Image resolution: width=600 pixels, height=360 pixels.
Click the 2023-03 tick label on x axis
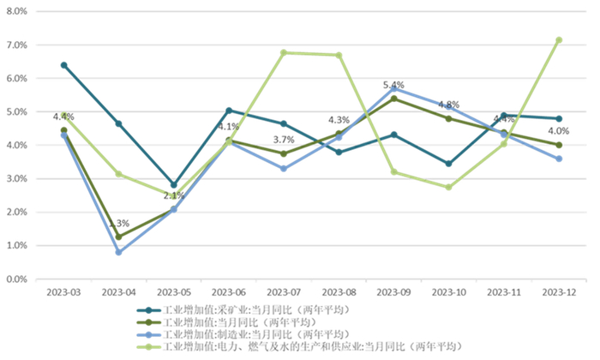(x=64, y=293)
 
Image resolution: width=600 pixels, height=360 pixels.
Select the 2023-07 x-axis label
(x=284, y=293)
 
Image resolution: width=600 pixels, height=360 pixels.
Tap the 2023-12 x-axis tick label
(x=559, y=293)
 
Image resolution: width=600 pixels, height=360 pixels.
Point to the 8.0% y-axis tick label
(x=18, y=11)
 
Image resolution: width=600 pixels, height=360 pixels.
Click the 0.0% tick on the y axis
(x=18, y=279)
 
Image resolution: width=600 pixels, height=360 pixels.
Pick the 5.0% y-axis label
(x=18, y=111)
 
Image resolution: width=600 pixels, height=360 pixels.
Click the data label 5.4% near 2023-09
(x=393, y=85)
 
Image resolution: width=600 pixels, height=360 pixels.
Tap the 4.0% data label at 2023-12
(x=559, y=131)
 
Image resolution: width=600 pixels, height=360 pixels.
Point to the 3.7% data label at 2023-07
(x=284, y=140)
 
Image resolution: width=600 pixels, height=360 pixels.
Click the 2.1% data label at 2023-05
(x=174, y=196)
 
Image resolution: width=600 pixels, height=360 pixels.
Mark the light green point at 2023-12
(x=559, y=39)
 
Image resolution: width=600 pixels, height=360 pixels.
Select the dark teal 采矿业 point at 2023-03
(x=64, y=65)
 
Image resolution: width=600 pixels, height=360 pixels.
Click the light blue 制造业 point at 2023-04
(x=119, y=252)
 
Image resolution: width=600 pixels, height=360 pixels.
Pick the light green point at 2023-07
(x=284, y=52)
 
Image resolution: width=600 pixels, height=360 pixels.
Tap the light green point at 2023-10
(x=448, y=187)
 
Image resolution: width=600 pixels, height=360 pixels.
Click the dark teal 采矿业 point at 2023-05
(x=174, y=185)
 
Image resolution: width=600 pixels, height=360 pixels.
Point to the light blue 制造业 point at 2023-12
(x=559, y=159)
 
